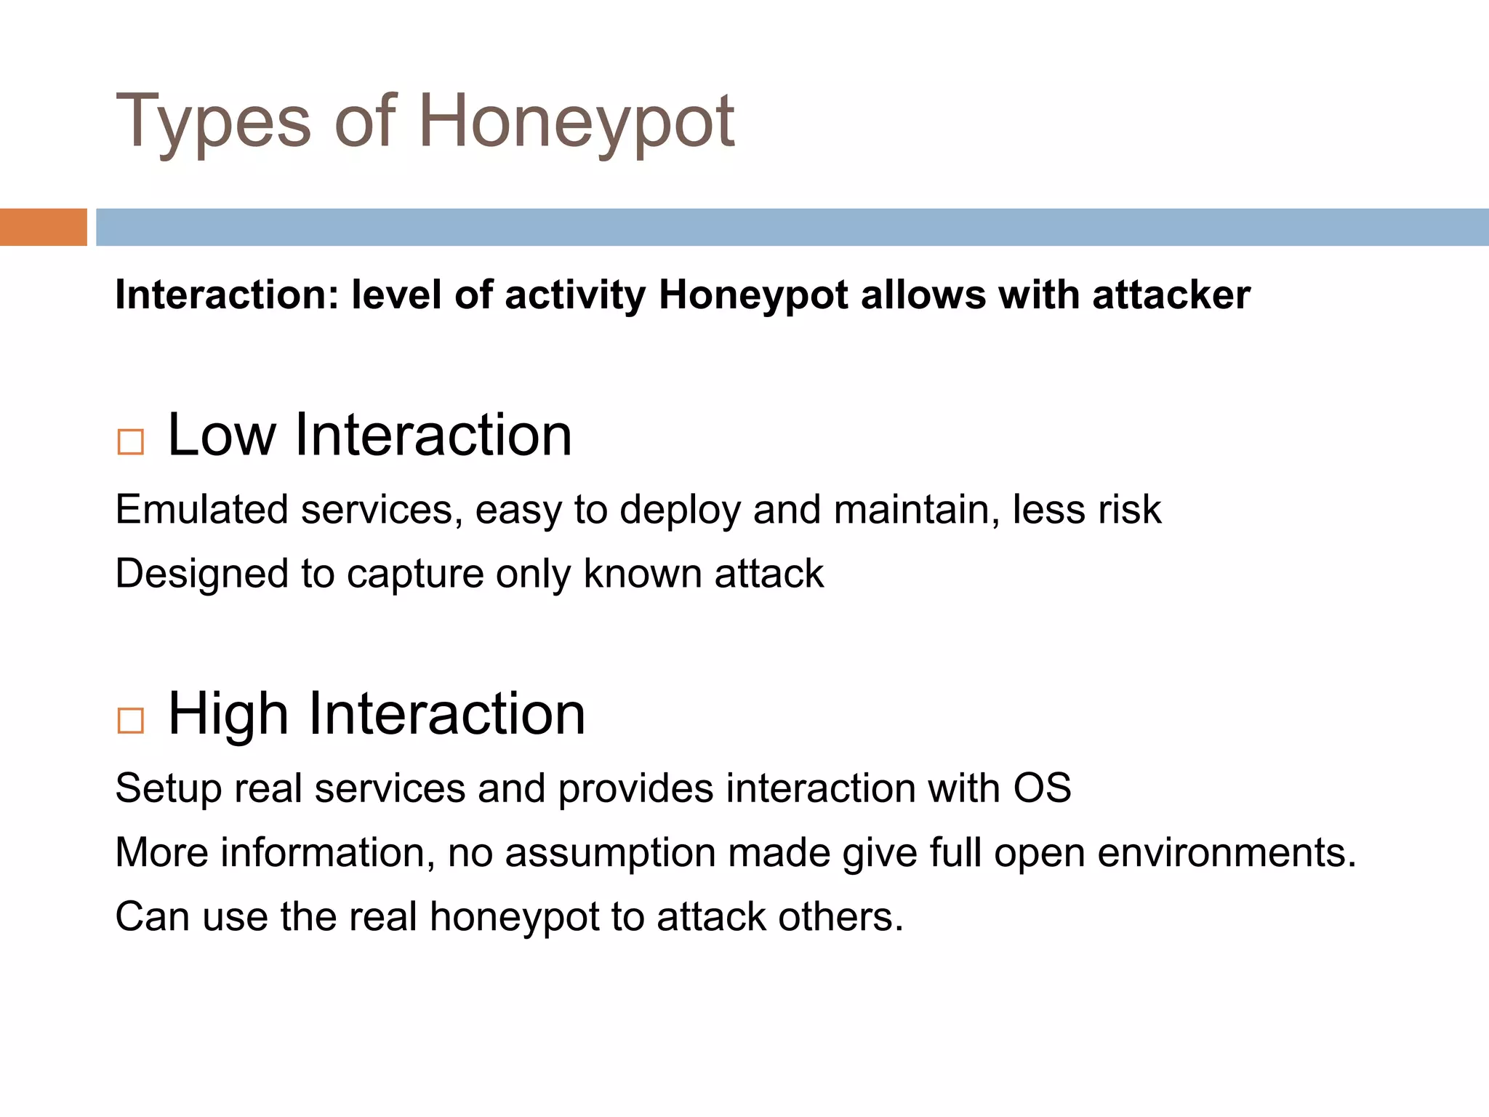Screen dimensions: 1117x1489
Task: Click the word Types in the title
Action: click(213, 122)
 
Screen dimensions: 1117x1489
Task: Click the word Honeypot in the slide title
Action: click(576, 122)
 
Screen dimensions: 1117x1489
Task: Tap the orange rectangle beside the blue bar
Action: click(43, 227)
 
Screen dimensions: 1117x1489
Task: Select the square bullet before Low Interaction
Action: click(131, 441)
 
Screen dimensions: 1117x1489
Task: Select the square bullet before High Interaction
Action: click(131, 720)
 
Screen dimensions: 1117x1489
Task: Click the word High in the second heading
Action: click(228, 714)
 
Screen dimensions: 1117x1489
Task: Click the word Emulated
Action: click(201, 509)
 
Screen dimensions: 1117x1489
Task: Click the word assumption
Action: click(610, 853)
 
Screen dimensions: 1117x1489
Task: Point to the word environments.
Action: click(1227, 852)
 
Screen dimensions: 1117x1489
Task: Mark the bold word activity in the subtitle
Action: click(574, 295)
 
